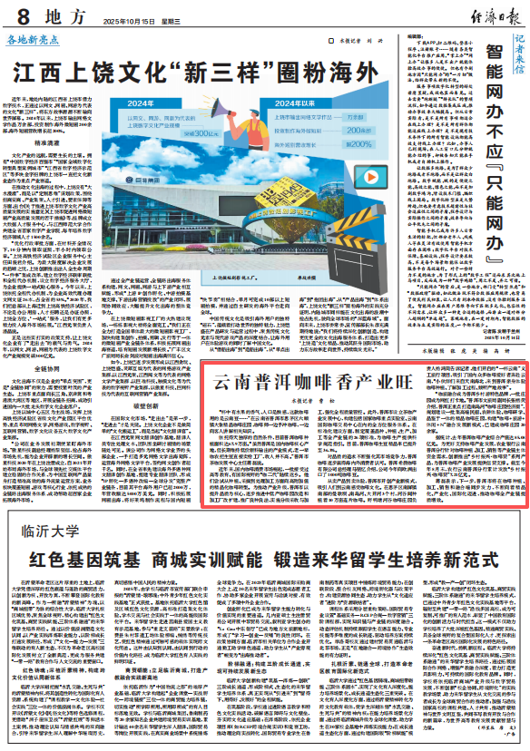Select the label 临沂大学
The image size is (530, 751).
(49, 553)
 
